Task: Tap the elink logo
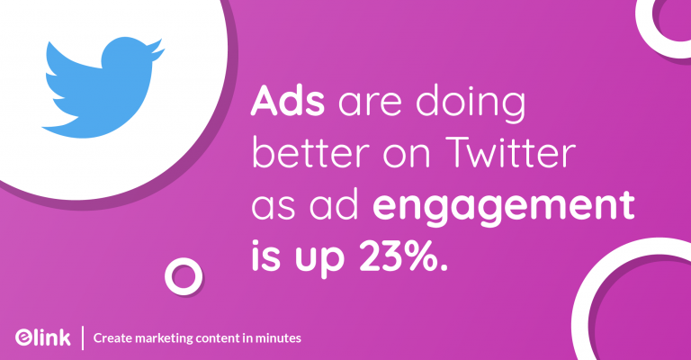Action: pos(43,337)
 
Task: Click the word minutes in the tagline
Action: pos(275,337)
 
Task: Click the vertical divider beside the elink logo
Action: pos(83,337)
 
